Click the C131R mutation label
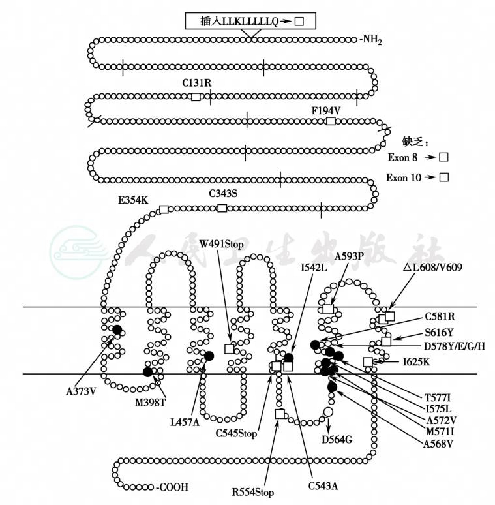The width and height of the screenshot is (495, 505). (196, 83)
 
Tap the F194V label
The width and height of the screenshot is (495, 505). (325, 110)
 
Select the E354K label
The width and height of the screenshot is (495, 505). (133, 200)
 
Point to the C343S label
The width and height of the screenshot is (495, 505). (223, 193)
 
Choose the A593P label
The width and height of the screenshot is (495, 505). (350, 256)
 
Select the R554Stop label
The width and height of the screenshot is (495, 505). (253, 491)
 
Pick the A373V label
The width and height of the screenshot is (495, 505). (82, 391)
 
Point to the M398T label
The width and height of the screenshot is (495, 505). (151, 402)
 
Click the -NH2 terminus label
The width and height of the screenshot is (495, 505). (370, 41)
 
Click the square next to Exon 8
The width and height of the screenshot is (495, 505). (443, 157)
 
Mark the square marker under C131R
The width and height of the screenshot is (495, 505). (196, 97)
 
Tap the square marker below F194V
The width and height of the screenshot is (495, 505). (331, 121)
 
